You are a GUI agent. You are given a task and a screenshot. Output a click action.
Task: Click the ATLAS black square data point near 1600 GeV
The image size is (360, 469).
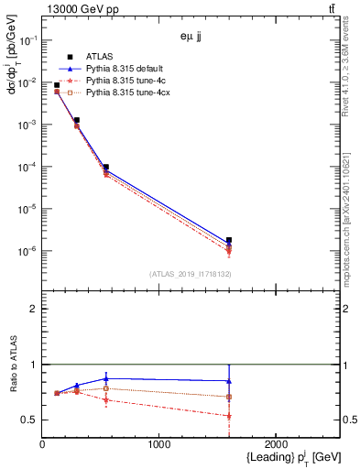229,240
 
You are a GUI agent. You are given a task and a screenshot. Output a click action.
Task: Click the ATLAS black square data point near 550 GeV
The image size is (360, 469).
106,168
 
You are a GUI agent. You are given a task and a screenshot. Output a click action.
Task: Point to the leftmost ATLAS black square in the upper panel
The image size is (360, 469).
57,85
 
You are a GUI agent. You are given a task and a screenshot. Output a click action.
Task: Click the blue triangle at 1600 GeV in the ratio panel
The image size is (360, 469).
229,381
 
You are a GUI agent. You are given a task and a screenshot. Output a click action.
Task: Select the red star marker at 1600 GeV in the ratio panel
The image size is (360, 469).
229,416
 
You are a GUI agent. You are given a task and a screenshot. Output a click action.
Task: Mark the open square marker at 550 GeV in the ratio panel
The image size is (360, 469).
106,388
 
